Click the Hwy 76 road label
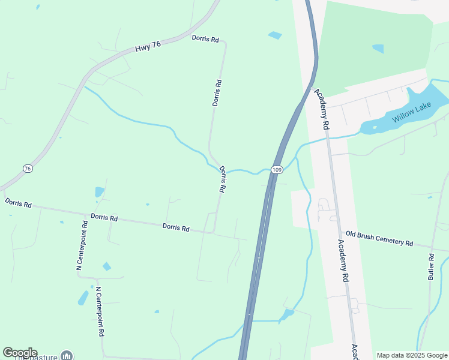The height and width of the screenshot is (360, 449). point(148,47)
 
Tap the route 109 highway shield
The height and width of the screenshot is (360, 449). point(276,170)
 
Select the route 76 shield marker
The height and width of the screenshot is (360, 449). point(28,169)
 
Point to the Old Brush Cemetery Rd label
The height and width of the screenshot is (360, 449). point(379,238)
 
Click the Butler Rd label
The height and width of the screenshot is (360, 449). point(431,266)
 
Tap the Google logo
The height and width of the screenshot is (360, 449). point(20,353)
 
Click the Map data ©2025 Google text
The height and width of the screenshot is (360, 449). point(411,355)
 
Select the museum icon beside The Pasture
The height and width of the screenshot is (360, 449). point(66,356)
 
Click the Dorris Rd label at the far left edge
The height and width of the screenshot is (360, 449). point(18,203)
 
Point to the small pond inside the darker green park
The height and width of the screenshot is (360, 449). point(378,49)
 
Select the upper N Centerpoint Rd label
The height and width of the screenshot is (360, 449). point(82,245)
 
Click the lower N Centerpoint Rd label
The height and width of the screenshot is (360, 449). point(100,311)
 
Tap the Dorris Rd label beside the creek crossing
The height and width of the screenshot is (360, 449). point(222,179)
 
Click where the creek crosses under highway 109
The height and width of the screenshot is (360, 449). point(270,171)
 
